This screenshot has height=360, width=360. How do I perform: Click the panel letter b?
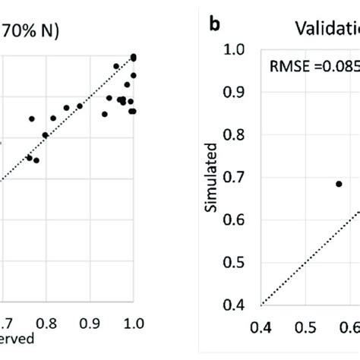pyautogui.click(x=215, y=24)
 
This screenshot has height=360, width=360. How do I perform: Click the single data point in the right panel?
pyautogui.click(x=339, y=184)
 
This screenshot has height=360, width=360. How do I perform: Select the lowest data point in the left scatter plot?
pyautogui.click(x=36, y=160)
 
